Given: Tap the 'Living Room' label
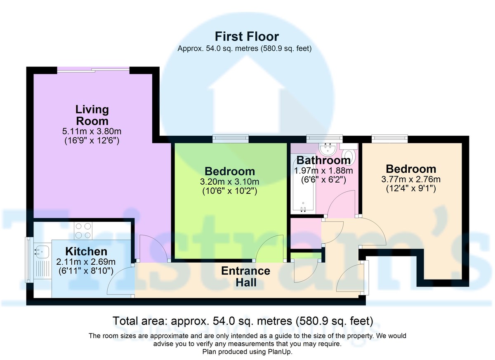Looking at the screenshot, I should tap(92, 115).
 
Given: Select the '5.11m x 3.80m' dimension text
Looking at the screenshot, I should tap(92, 132).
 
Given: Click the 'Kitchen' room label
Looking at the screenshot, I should tap(86, 251).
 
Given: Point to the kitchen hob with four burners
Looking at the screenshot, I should tap(83, 231).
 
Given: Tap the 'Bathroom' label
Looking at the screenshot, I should tap(323, 160).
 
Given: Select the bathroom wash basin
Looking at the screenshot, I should tap(329, 147).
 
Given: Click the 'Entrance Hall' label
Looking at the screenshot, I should tap(245, 277).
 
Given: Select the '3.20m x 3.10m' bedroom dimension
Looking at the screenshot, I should tap(230, 182).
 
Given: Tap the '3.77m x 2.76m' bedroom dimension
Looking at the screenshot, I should tap(410, 179).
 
